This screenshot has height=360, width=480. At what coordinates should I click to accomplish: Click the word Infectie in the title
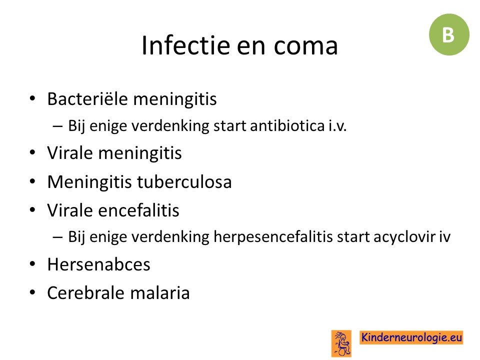tap(185, 45)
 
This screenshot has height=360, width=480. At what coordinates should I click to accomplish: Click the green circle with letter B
tap(449, 34)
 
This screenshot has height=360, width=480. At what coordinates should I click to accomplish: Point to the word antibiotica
tap(287, 125)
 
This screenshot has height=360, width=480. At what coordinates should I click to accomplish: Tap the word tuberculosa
tap(184, 182)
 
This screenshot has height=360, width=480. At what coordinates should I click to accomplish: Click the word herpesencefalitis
tap(273, 237)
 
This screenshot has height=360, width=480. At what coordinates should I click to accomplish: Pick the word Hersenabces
tap(99, 264)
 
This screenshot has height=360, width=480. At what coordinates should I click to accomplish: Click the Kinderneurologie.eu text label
tap(411, 337)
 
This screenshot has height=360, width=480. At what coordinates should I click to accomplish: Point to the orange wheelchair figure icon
tap(341, 343)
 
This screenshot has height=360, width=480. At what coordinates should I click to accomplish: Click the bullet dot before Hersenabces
tap(32, 263)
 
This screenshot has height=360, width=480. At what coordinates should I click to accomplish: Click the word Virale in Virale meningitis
tap(70, 153)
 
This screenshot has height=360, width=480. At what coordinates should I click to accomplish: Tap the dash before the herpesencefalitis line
tap(58, 237)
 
